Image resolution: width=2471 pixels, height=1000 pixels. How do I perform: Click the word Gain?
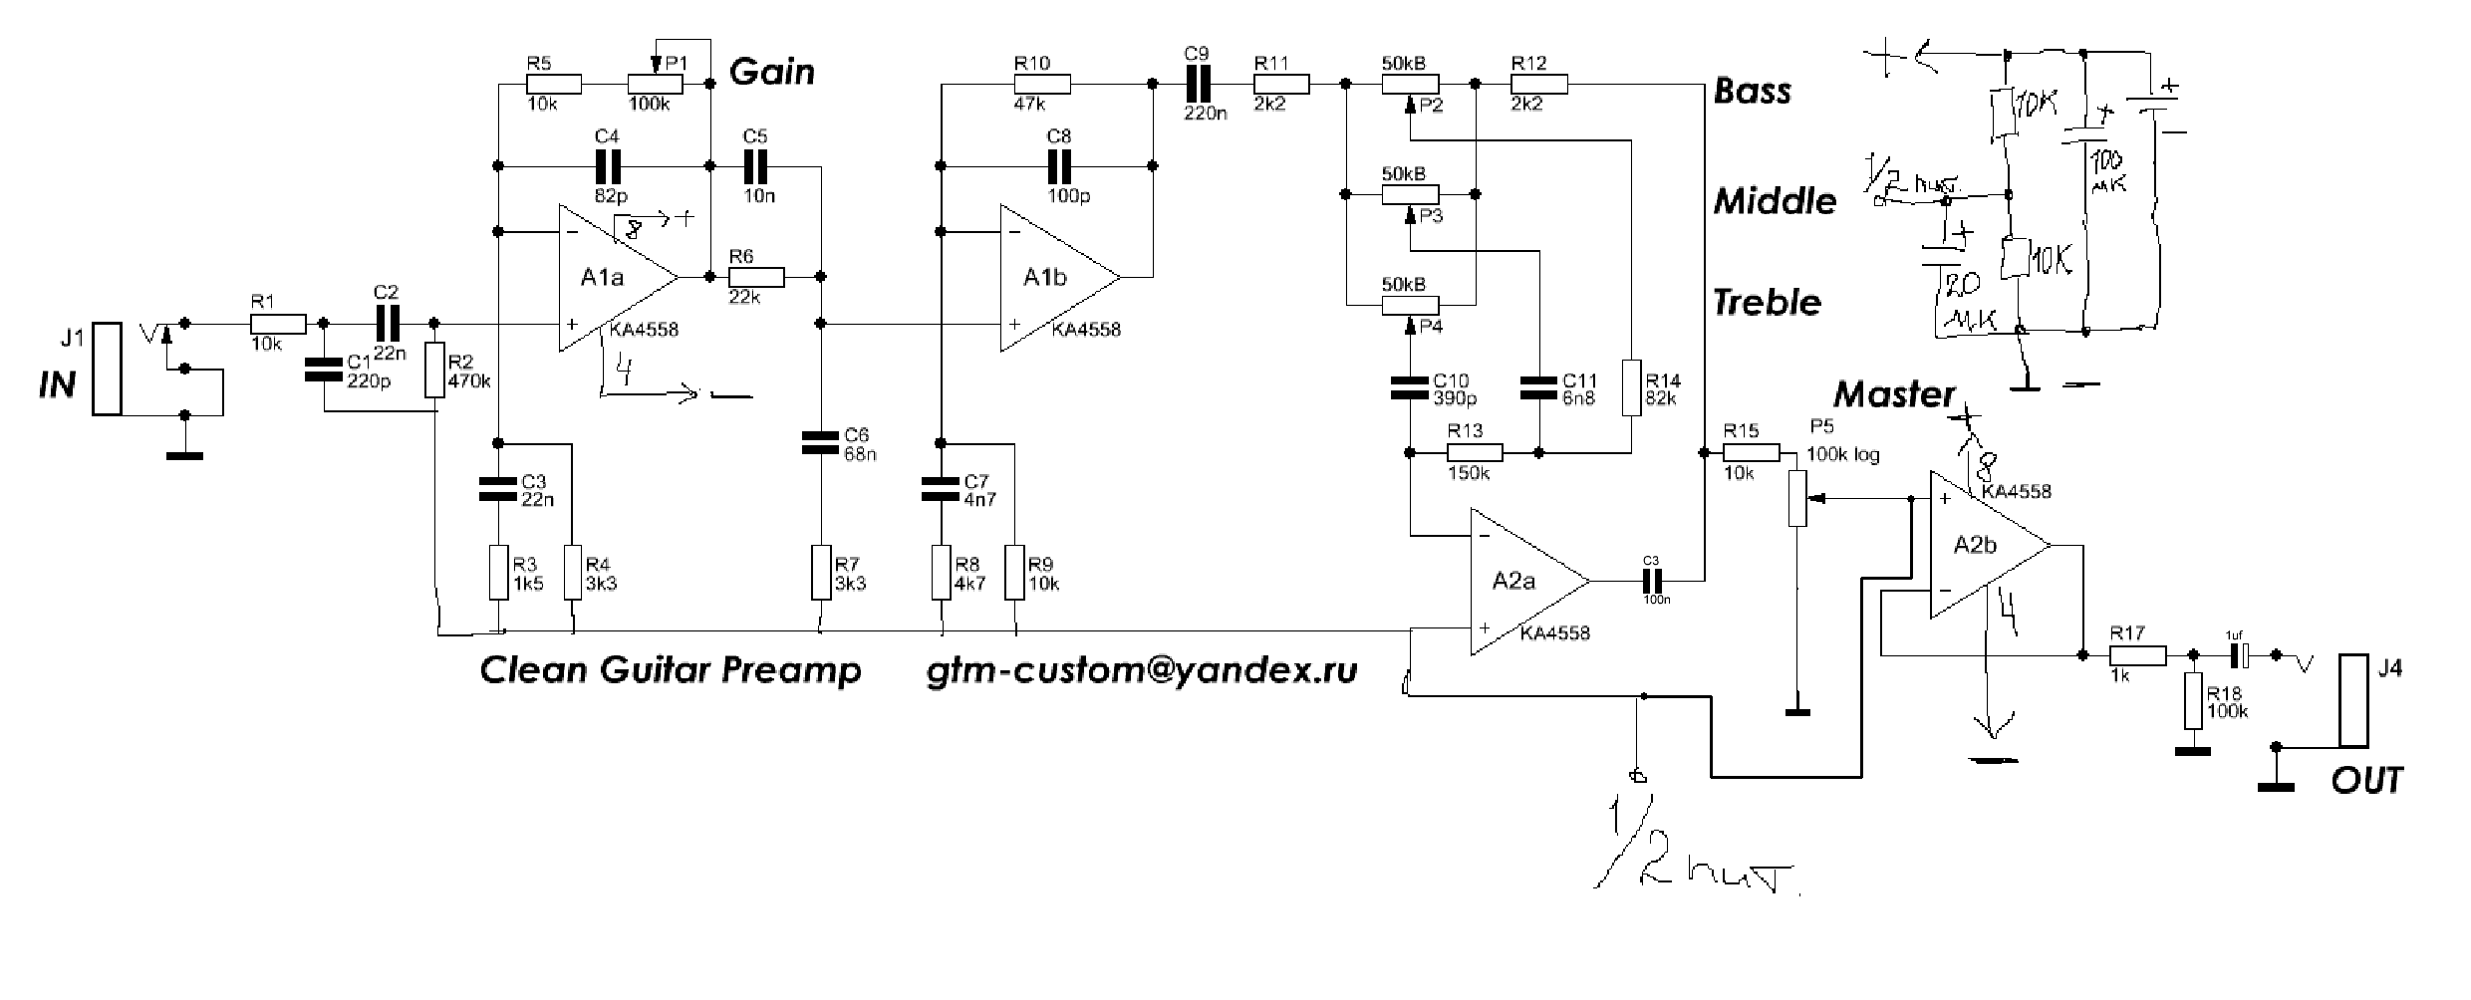click(772, 72)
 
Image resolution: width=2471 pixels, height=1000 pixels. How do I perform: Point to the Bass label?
click(1753, 92)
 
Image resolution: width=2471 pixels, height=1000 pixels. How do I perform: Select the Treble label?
click(1767, 302)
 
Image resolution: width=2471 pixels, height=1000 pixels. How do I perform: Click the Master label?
click(1894, 394)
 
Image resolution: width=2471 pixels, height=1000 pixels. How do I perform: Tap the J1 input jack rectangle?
click(107, 369)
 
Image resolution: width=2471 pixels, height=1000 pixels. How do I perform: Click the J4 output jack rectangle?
click(2354, 700)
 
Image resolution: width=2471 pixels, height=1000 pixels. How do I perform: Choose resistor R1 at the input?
click(277, 324)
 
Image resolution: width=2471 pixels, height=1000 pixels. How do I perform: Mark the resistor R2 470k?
click(434, 371)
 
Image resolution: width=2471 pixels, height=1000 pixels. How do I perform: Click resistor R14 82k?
click(1630, 387)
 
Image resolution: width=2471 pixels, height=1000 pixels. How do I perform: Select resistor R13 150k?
click(1475, 453)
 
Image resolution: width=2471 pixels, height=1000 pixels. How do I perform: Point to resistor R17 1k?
click(2137, 655)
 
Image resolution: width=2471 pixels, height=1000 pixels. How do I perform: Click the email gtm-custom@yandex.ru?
click(1142, 670)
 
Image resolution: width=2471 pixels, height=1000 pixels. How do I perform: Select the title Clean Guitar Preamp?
click(671, 670)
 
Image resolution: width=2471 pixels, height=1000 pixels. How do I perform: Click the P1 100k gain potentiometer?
click(655, 85)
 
